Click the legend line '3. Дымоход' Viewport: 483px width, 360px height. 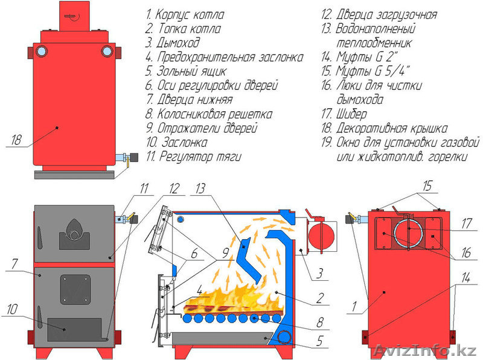tap(172, 43)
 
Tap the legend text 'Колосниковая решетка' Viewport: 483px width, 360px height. tap(209, 114)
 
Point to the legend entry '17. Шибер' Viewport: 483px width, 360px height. tap(344, 114)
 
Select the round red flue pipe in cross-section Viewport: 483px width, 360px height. tap(321, 234)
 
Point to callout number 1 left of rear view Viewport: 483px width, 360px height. tap(356, 307)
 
